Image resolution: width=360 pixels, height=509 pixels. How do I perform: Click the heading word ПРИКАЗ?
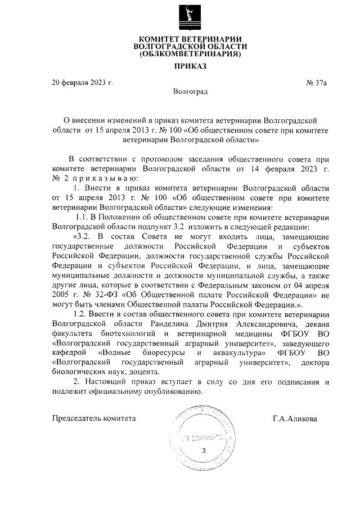pyautogui.click(x=190, y=66)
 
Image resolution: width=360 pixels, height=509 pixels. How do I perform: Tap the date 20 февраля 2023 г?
pyautogui.click(x=82, y=83)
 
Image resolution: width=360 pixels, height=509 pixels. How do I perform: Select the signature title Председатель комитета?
pyautogui.click(x=94, y=418)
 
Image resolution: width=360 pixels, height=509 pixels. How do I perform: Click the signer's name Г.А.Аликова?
pyautogui.click(x=294, y=419)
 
